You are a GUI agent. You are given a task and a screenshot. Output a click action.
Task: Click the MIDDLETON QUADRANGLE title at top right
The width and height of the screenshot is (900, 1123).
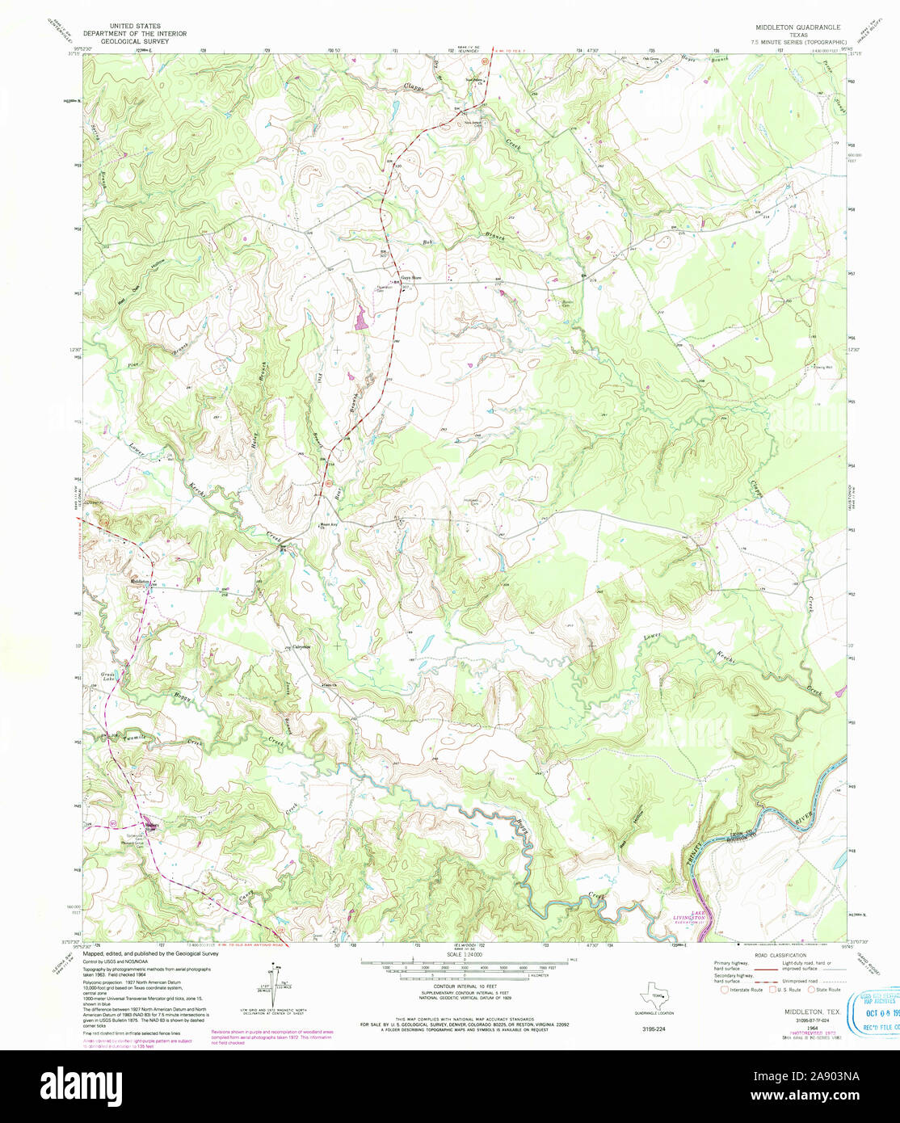tap(797, 27)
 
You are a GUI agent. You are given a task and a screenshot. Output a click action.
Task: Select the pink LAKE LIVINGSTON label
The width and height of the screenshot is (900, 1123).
tap(692, 915)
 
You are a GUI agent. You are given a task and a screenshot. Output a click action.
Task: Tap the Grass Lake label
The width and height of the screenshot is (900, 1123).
tap(108, 676)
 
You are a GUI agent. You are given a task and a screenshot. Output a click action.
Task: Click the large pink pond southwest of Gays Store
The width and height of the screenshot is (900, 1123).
tap(359, 318)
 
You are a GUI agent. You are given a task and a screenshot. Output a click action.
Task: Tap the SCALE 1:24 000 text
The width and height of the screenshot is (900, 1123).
tap(461, 954)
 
